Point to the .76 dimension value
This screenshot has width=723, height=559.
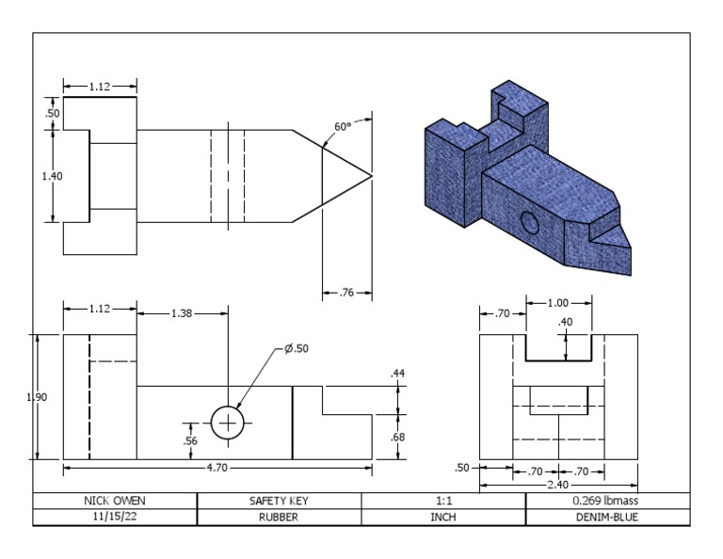(x=346, y=294)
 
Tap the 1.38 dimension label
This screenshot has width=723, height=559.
(x=182, y=312)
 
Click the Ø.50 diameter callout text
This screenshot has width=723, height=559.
(x=297, y=348)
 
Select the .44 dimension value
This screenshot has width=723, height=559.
(x=396, y=375)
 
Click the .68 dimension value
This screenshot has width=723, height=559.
(x=396, y=437)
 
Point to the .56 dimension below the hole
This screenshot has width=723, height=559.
(x=188, y=439)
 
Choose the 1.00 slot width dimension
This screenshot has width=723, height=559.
(x=559, y=303)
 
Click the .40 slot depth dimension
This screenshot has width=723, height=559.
(x=565, y=323)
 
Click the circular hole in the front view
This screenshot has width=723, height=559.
(x=227, y=423)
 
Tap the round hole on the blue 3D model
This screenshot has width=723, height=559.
(x=529, y=223)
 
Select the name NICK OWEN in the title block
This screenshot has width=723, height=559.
(x=115, y=501)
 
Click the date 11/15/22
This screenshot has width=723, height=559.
(x=115, y=517)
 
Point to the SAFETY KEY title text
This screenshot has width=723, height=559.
(x=279, y=501)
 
